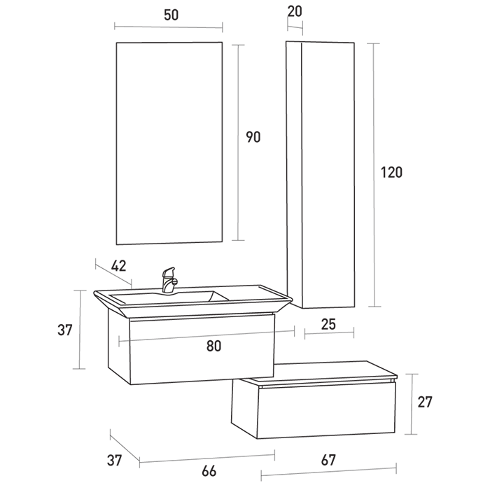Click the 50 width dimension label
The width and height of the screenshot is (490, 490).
point(171,15)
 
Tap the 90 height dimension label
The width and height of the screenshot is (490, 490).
point(253,137)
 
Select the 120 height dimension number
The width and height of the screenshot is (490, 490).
point(391,172)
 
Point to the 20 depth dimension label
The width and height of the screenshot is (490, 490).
point(295,12)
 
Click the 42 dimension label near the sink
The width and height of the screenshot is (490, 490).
point(119,266)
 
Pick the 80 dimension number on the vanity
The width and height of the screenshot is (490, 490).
point(214,346)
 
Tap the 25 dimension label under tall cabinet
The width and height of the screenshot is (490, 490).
point(328,324)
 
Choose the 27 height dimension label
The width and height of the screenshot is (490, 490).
point(425,402)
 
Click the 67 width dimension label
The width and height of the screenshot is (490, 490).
point(328,461)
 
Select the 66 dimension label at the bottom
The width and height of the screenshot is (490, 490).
point(209,471)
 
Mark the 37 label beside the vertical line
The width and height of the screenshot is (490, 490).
point(65,330)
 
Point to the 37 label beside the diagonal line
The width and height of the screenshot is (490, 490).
point(114,461)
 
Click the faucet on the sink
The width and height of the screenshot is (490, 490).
point(169,280)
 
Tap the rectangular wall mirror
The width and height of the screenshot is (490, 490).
point(169,143)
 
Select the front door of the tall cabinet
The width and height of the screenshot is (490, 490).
point(328,175)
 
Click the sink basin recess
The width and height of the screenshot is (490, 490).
point(169,297)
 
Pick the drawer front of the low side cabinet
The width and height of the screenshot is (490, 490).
point(326,409)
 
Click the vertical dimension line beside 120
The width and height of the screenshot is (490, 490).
point(374,175)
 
